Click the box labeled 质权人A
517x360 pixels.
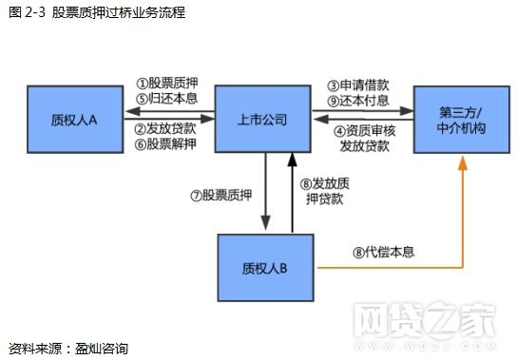[73, 119]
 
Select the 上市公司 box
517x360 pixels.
[261, 119]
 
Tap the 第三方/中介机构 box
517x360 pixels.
[462, 119]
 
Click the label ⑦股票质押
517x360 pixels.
[221, 196]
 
